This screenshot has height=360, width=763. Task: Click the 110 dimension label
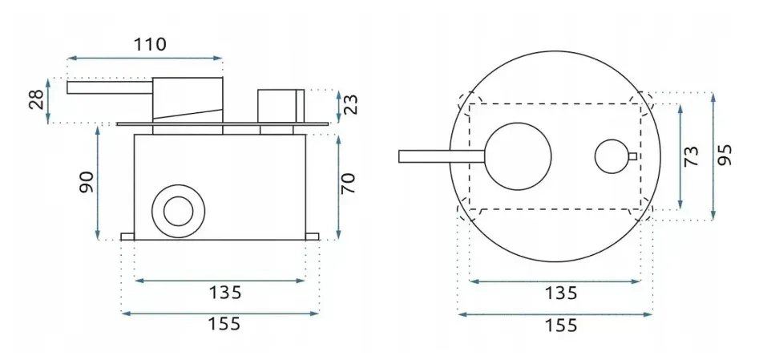[x=150, y=45]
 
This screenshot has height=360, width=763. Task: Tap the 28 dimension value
[x=38, y=99]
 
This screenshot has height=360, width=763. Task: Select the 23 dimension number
[x=351, y=104]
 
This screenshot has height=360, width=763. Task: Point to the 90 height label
[x=88, y=182]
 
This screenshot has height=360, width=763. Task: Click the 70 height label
[x=349, y=184]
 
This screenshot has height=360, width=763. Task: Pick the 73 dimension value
[x=692, y=156]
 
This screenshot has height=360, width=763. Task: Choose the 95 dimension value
[x=725, y=156]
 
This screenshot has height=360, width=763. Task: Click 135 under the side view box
[x=225, y=293]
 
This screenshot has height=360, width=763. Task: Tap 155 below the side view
[x=224, y=323]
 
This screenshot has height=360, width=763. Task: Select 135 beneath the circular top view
[x=560, y=293]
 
